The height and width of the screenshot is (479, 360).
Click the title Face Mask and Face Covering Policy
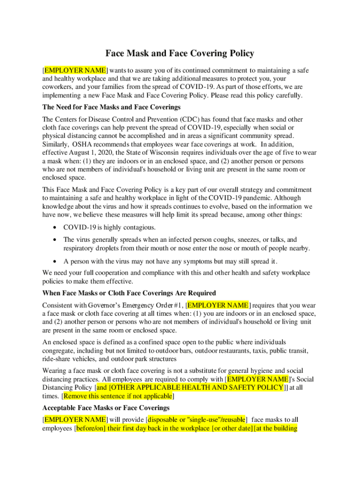(x=180, y=54)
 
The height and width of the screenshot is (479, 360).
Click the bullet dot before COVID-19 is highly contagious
(x=56, y=227)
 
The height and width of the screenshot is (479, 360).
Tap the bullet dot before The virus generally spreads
(x=56, y=239)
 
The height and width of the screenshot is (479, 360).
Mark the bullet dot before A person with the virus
(x=56, y=261)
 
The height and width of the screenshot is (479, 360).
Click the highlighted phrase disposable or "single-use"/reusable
(x=197, y=420)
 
